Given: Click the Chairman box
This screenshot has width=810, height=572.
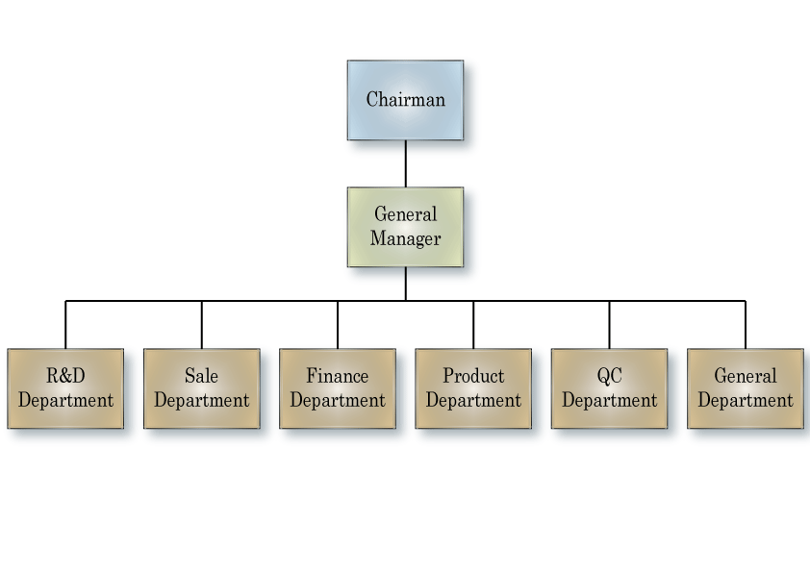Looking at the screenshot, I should [405, 100].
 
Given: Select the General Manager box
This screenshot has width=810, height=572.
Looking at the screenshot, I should [405, 227].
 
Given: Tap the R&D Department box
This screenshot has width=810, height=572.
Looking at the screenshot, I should [65, 388].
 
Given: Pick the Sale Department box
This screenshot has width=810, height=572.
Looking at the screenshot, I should [201, 388].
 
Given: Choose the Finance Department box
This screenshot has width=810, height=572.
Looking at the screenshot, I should [338, 388].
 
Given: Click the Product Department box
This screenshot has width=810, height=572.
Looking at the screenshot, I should [473, 388].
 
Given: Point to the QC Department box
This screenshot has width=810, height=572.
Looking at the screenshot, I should [609, 388].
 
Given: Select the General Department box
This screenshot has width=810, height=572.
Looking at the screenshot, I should [746, 388].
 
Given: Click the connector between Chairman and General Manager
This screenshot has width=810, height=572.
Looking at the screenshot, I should [405, 163].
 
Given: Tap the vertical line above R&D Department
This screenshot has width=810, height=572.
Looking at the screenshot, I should [65, 325].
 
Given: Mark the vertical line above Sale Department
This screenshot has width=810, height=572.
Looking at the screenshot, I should [201, 325].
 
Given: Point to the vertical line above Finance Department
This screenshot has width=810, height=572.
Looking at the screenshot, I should [338, 325].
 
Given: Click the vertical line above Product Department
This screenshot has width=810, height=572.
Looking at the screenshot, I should [473, 325].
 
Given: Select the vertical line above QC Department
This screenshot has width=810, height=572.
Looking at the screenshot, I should [609, 325].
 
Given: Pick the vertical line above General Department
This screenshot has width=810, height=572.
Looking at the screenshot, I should [746, 325].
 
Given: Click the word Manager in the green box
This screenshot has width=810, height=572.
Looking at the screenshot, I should [405, 238].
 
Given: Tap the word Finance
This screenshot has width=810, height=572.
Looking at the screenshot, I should [338, 376].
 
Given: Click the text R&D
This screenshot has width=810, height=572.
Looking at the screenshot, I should [65, 376].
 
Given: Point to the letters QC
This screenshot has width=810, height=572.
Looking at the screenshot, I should [609, 376].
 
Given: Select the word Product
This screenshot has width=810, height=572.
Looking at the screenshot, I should [473, 376].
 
